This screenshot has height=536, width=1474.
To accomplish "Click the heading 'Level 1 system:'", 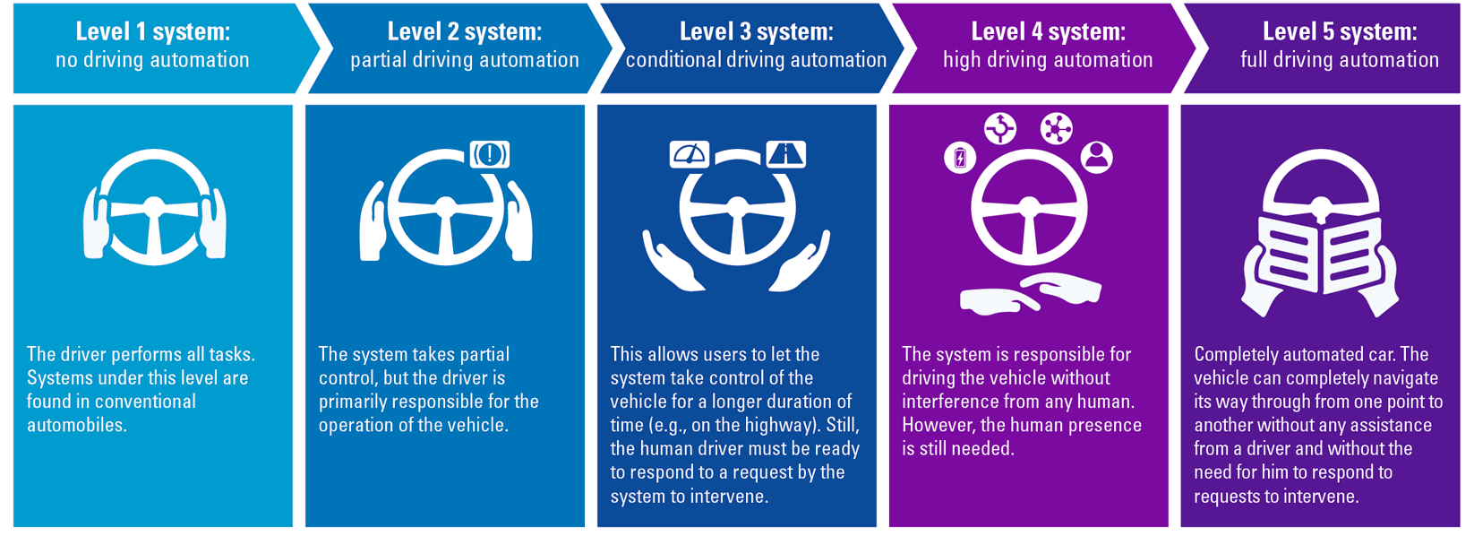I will click(152, 32).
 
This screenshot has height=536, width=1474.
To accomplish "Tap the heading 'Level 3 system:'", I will click(756, 32).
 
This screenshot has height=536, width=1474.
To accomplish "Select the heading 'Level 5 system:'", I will click(1340, 32).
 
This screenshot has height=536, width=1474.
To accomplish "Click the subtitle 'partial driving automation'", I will click(464, 60).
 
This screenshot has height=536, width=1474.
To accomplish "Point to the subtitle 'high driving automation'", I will click(1048, 60).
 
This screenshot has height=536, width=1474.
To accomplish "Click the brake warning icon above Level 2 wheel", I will click(490, 154).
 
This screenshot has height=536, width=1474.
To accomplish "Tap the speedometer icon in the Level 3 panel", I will click(689, 155).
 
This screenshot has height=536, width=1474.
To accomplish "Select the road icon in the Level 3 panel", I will click(786, 155).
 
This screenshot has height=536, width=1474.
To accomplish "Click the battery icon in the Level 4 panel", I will click(960, 159).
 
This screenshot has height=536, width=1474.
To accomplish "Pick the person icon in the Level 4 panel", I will click(1096, 157).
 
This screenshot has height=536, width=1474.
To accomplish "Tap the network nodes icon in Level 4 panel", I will click(1056, 128).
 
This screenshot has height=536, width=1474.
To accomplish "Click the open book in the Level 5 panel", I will click(1319, 260).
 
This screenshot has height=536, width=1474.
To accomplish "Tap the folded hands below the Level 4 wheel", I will click(1030, 294).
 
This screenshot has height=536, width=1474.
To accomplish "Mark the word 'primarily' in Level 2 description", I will click(356, 402).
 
